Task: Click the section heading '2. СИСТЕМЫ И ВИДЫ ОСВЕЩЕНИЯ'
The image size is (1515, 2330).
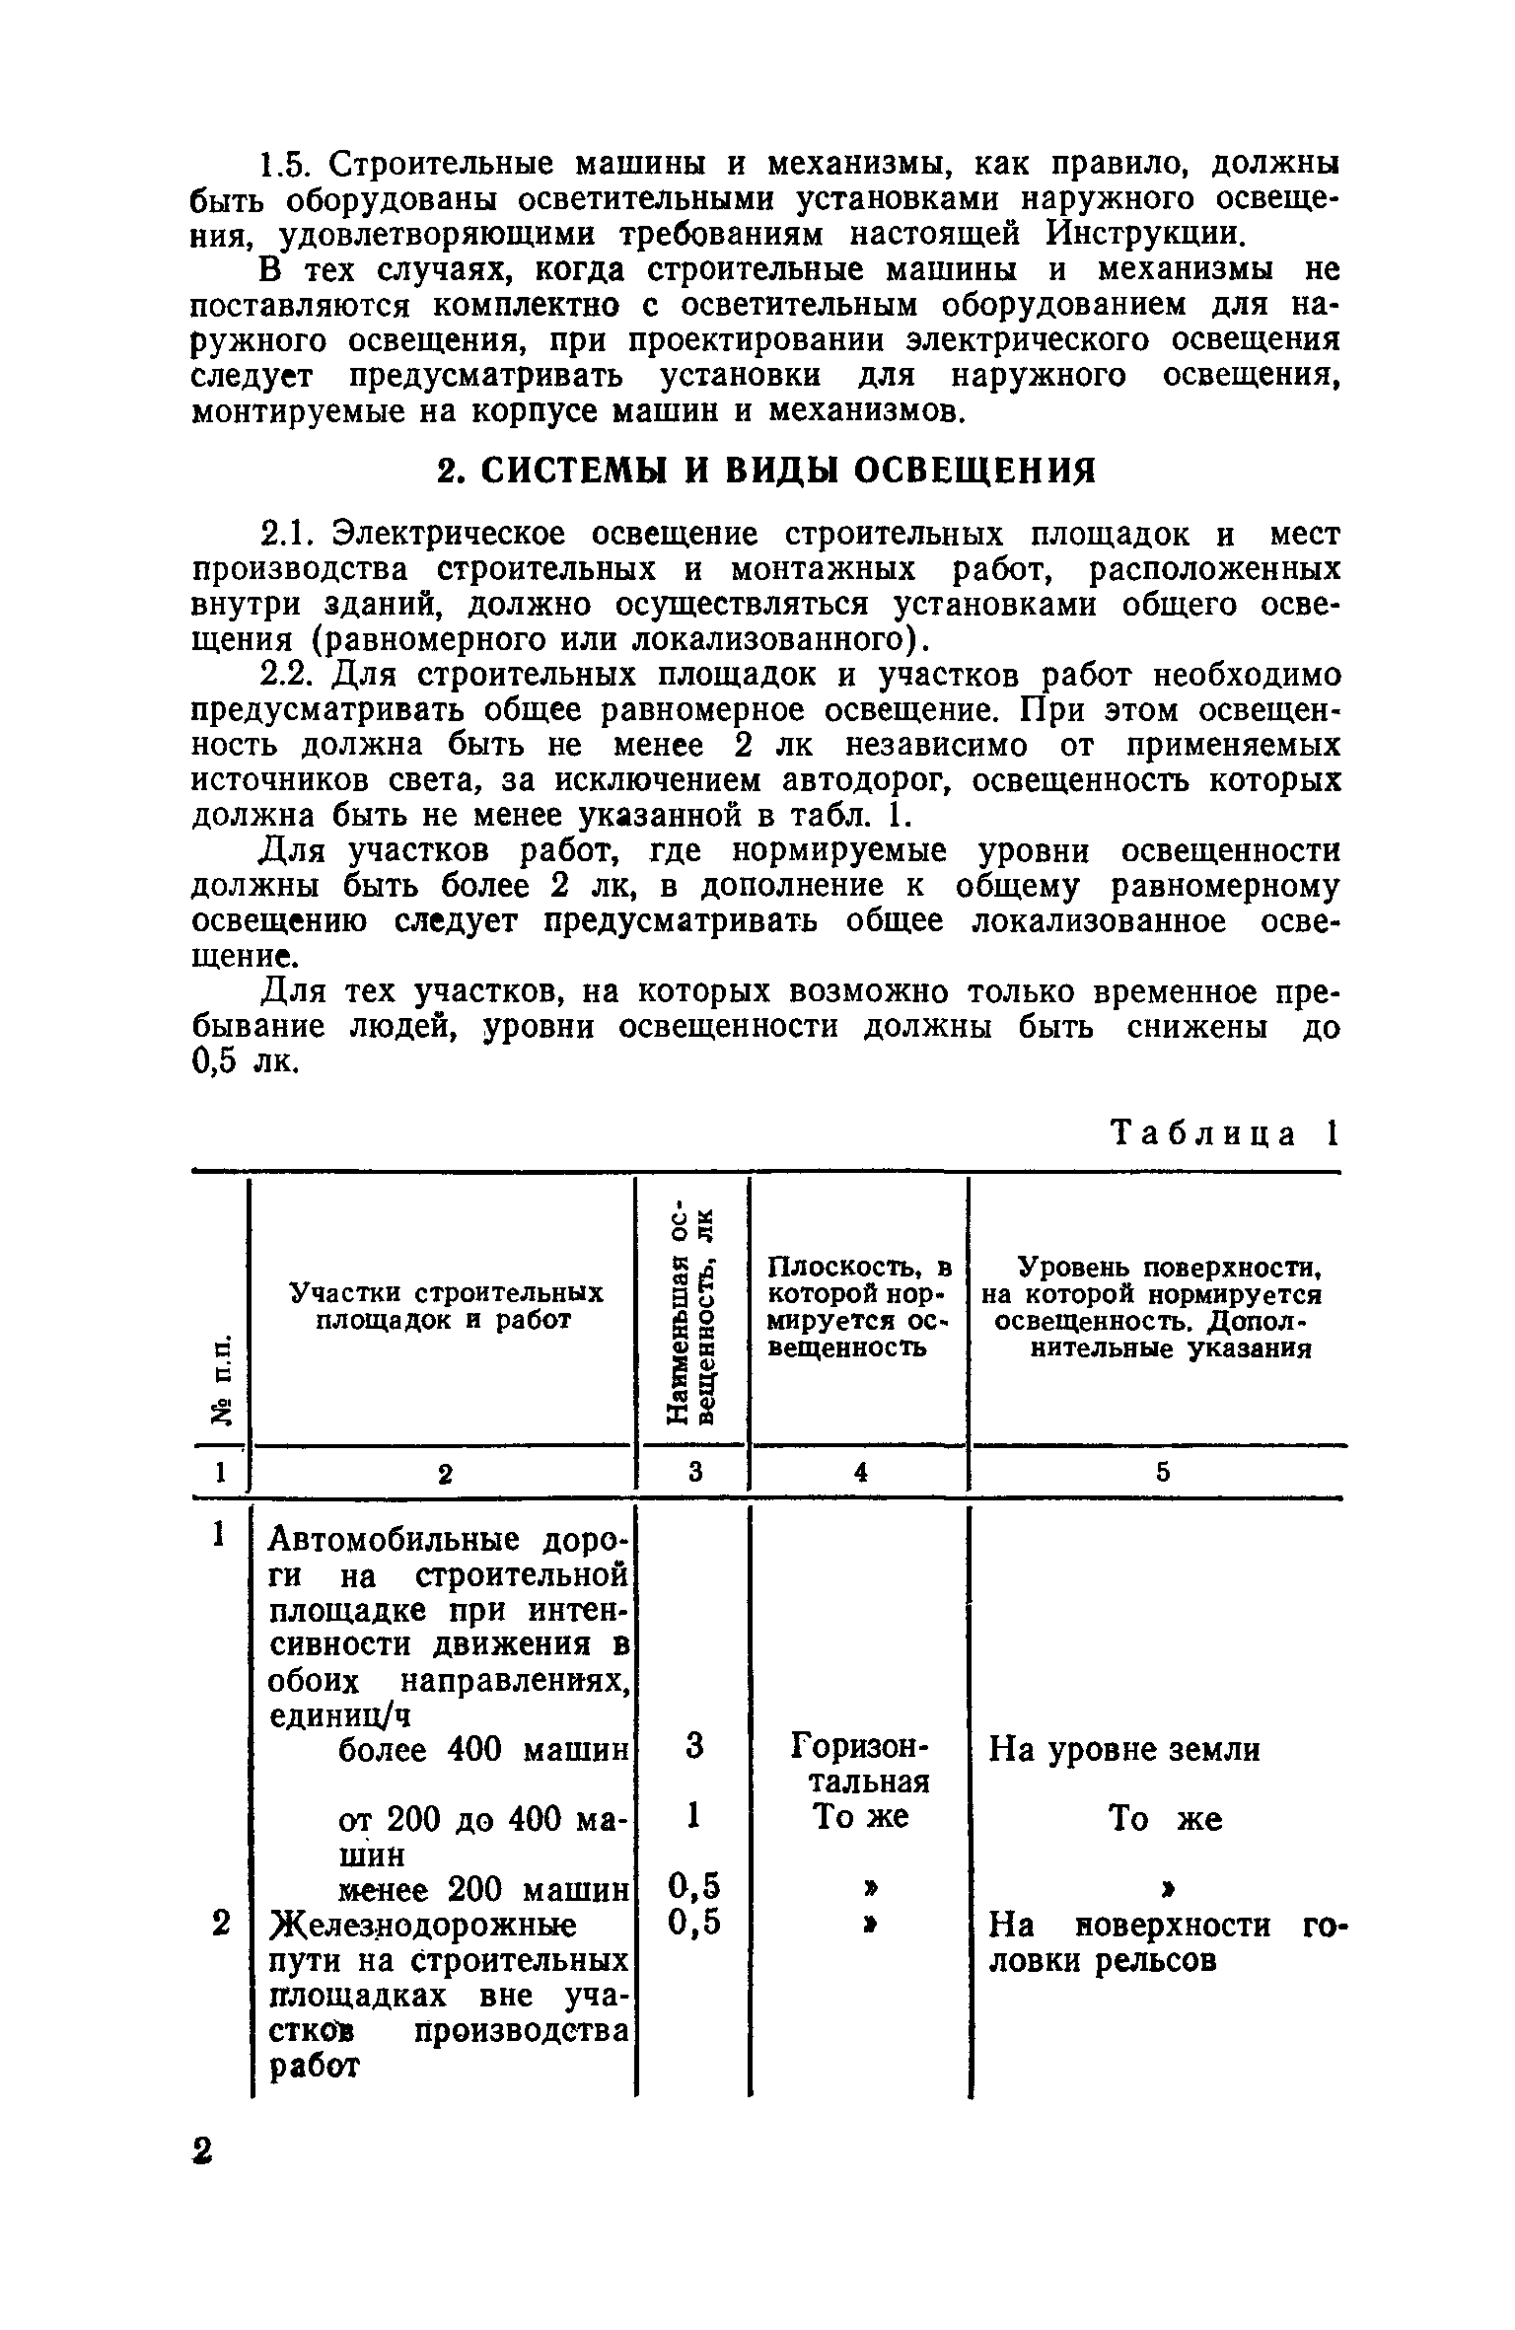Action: click(x=765, y=470)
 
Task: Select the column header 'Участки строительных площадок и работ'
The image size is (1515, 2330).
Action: click(x=445, y=1306)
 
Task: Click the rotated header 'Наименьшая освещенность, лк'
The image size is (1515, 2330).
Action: click(x=693, y=1313)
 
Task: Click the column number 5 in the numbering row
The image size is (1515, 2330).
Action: click(x=1162, y=1473)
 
